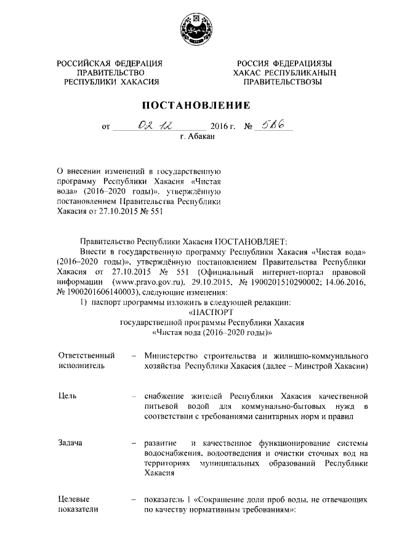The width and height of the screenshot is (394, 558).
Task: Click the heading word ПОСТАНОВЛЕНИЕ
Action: tap(197, 104)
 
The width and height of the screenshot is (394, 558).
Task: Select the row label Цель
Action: tap(67, 396)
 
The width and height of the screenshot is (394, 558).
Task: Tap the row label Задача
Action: tap(71, 443)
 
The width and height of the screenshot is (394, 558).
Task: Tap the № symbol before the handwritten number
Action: tap(249, 128)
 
